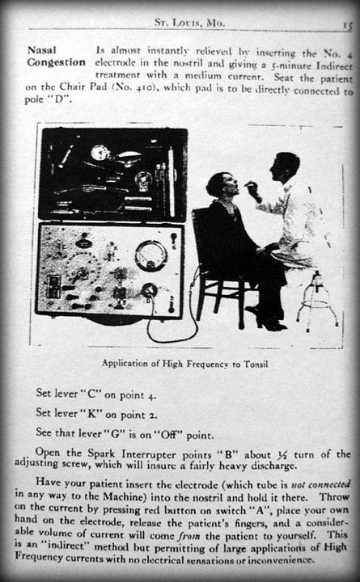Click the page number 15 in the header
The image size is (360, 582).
tap(347, 26)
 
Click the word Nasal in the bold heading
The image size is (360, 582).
tap(42, 50)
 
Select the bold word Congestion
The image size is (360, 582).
tap(56, 62)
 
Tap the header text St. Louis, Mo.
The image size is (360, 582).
tap(189, 23)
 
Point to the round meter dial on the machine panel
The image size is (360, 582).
tap(150, 255)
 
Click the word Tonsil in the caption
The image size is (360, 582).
tap(255, 364)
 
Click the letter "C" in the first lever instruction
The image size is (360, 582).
tap(91, 394)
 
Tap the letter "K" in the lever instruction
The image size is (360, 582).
tap(91, 414)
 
